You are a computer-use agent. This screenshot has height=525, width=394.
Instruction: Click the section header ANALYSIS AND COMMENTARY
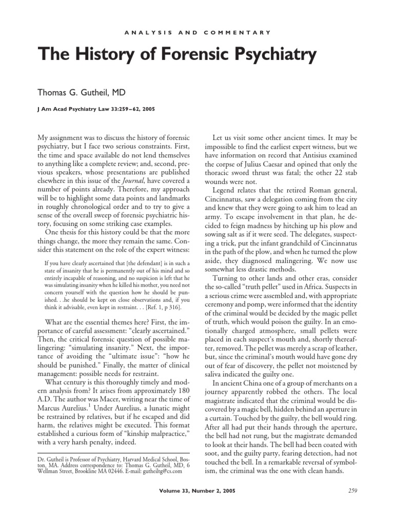[197, 32]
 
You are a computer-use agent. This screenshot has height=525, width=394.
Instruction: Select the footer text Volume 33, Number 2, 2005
[197, 506]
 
